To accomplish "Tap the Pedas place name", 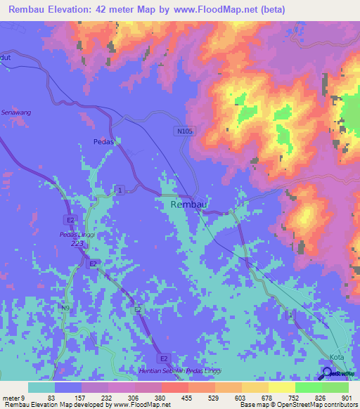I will tap(103, 141).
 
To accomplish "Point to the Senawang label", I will tap(16, 112).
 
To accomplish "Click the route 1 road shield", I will tap(121, 190).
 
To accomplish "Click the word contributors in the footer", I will tap(338, 404).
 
